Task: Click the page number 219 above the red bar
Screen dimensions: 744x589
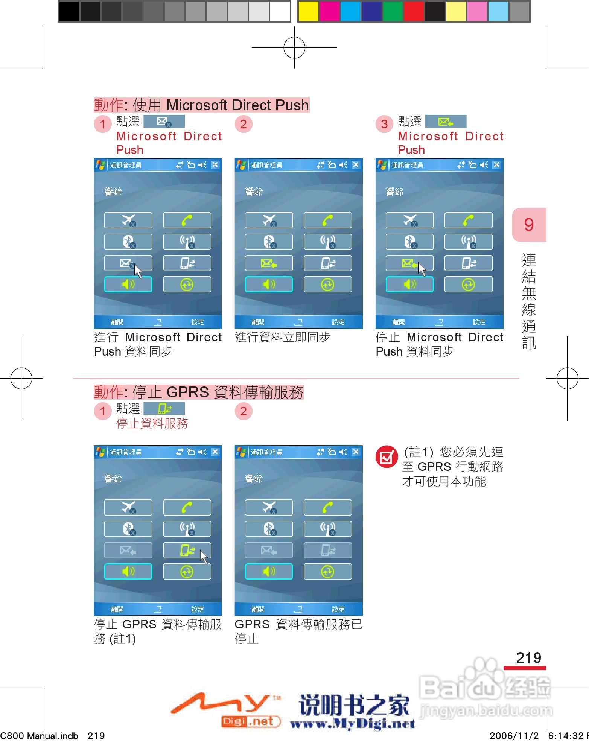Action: (528, 658)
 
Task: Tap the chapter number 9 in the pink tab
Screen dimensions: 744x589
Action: (529, 225)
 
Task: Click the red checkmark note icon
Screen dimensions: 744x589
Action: (387, 457)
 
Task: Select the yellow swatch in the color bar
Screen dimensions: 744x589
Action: (308, 11)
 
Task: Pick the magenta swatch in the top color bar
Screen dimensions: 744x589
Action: (329, 11)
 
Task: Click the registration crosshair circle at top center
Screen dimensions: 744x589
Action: (294, 48)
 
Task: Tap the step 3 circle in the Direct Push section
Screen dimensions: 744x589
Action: (384, 124)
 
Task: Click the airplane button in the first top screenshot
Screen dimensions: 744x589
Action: (128, 220)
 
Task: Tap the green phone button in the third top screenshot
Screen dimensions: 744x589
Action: (468, 220)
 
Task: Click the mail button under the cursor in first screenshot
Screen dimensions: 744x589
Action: (128, 263)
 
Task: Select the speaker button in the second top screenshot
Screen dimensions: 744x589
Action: (269, 285)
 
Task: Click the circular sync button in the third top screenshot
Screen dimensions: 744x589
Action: (468, 285)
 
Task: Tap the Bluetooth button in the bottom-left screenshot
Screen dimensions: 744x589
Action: (128, 529)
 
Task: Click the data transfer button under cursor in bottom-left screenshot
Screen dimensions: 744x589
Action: (187, 550)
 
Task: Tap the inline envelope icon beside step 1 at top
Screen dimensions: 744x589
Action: (164, 122)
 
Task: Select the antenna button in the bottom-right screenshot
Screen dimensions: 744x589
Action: (327, 529)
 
